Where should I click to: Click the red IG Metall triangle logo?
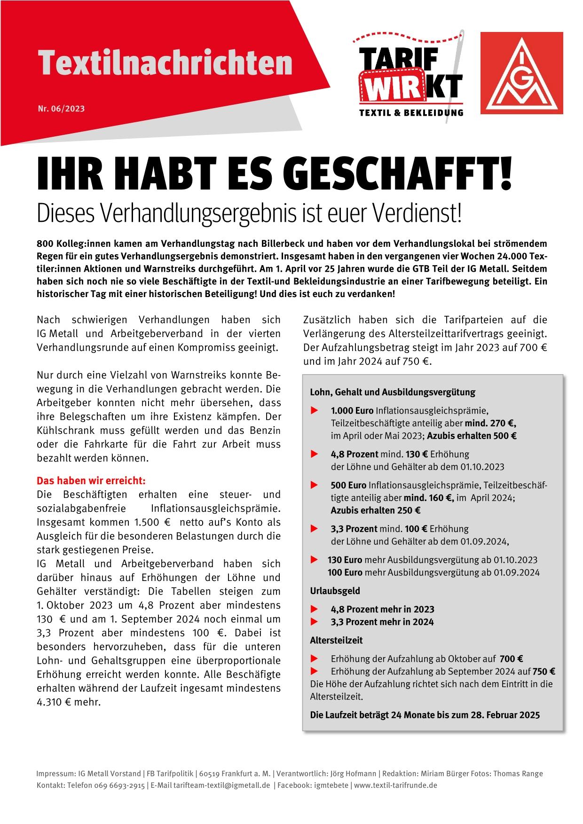(521, 73)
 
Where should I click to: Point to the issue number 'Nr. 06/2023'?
(61, 109)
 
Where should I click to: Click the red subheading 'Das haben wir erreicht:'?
(91, 481)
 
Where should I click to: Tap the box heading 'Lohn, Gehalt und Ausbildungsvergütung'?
(393, 392)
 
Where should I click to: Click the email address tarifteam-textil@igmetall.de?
(221, 785)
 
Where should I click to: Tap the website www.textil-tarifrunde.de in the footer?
(396, 785)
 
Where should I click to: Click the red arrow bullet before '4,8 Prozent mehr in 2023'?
(315, 609)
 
